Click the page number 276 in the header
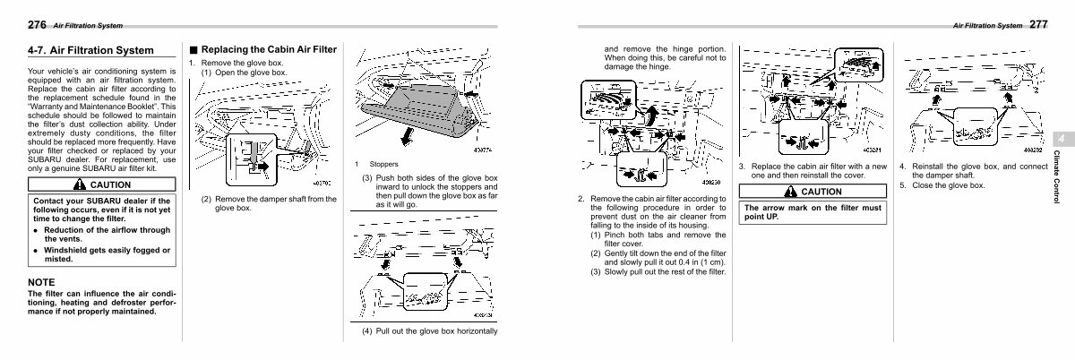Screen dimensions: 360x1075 click(37, 23)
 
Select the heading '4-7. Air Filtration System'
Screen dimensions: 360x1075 click(90, 50)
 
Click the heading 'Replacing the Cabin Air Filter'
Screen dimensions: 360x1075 click(268, 49)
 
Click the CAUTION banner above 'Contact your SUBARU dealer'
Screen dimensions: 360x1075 click(104, 184)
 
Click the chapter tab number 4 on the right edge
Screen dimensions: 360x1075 click(1059, 140)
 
